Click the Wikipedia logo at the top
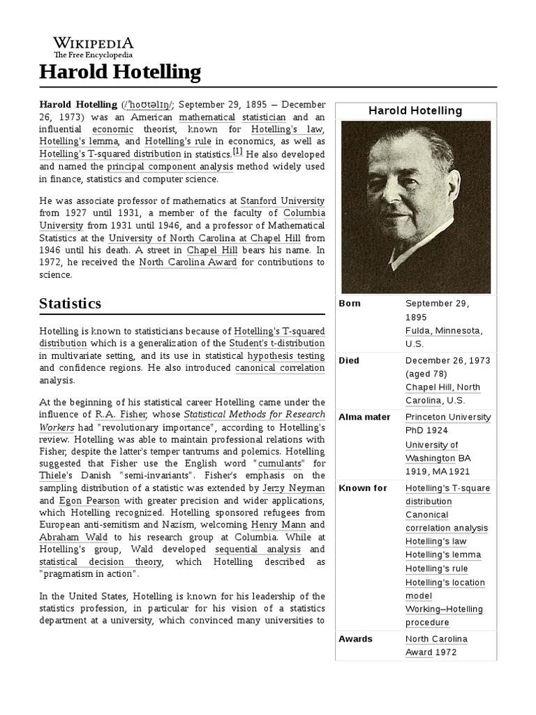coord(94,47)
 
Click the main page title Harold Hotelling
coord(119,71)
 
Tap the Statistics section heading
coord(70,303)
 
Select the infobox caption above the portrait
coord(415,111)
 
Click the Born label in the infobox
coord(350,304)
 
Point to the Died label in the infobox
coord(349,360)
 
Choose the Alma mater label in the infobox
coord(364,417)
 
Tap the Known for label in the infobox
coord(362,488)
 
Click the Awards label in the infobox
coord(355,639)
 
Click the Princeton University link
coord(448,417)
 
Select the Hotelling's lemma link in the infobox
coord(443,555)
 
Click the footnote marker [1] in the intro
coord(237,152)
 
